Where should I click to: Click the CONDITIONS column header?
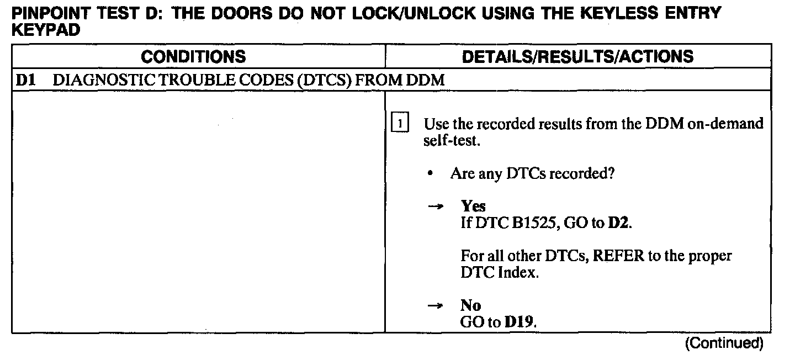coord(193,56)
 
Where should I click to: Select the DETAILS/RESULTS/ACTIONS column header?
coord(577,56)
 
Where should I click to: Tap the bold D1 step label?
coord(25,81)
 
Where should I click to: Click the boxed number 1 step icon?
coord(399,124)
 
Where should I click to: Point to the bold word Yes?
coord(473,206)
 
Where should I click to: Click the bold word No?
coord(470,305)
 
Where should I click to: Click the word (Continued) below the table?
coord(724,343)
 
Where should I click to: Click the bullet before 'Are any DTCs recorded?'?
coord(430,174)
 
